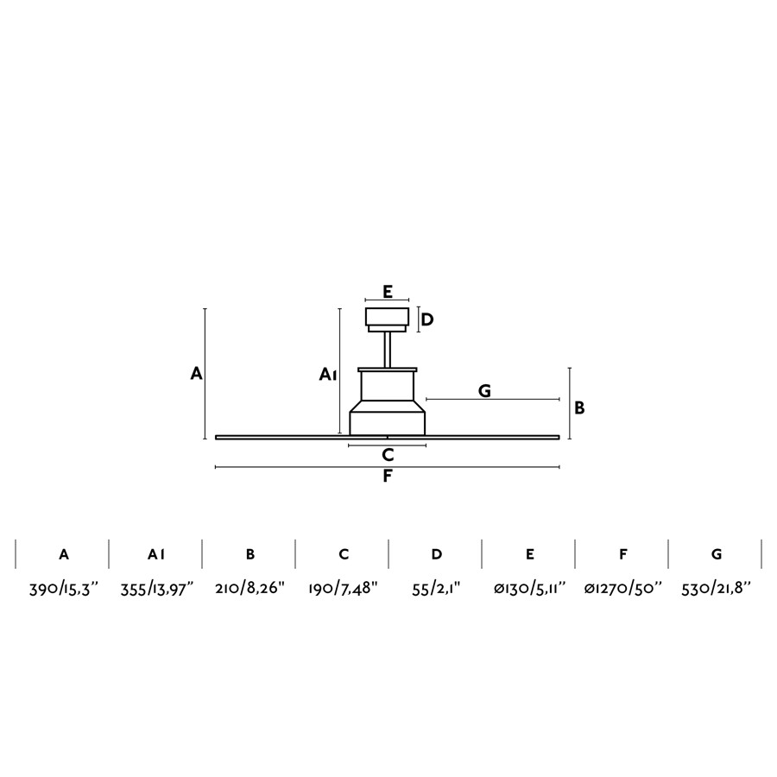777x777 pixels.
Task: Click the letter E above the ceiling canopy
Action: pyautogui.click(x=388, y=292)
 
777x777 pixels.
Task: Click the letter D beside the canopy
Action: pyautogui.click(x=426, y=319)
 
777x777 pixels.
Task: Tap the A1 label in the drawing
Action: pyautogui.click(x=327, y=374)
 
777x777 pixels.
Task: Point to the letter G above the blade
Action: pyautogui.click(x=484, y=391)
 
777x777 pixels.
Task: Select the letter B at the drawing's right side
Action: pyautogui.click(x=579, y=407)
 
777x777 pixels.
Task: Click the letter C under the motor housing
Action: pyautogui.click(x=388, y=454)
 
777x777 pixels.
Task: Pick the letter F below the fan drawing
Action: pyautogui.click(x=388, y=477)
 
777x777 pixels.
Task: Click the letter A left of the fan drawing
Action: pyautogui.click(x=197, y=373)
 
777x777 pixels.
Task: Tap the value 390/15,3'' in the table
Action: pyautogui.click(x=64, y=589)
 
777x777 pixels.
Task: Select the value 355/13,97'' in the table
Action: pyautogui.click(x=156, y=589)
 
